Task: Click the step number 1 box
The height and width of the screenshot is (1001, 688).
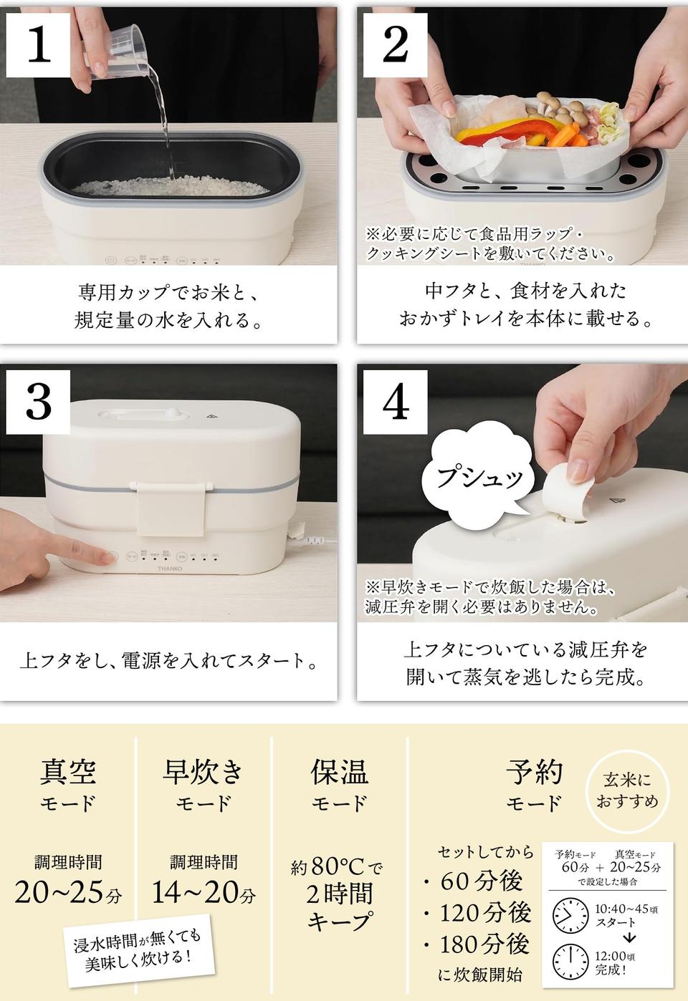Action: click(38, 45)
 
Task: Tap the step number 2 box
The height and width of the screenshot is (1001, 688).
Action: click(396, 45)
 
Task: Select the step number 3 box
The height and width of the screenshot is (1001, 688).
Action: click(38, 402)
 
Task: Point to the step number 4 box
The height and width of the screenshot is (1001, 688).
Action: click(396, 402)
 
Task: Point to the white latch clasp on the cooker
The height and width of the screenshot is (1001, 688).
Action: click(172, 508)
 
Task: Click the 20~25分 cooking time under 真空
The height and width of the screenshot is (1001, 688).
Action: click(68, 893)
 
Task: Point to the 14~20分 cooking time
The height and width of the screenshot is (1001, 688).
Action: click(204, 893)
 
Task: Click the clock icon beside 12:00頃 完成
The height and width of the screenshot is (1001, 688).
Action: click(570, 962)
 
